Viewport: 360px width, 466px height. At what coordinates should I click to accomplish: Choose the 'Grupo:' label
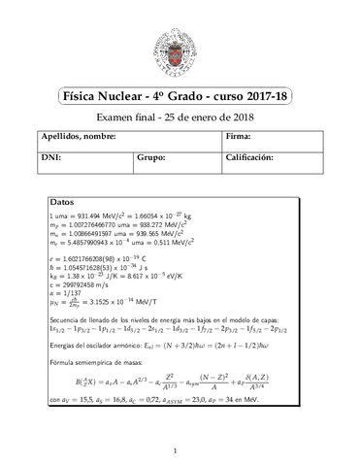[150, 156]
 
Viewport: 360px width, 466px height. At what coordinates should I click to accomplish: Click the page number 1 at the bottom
[180, 450]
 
